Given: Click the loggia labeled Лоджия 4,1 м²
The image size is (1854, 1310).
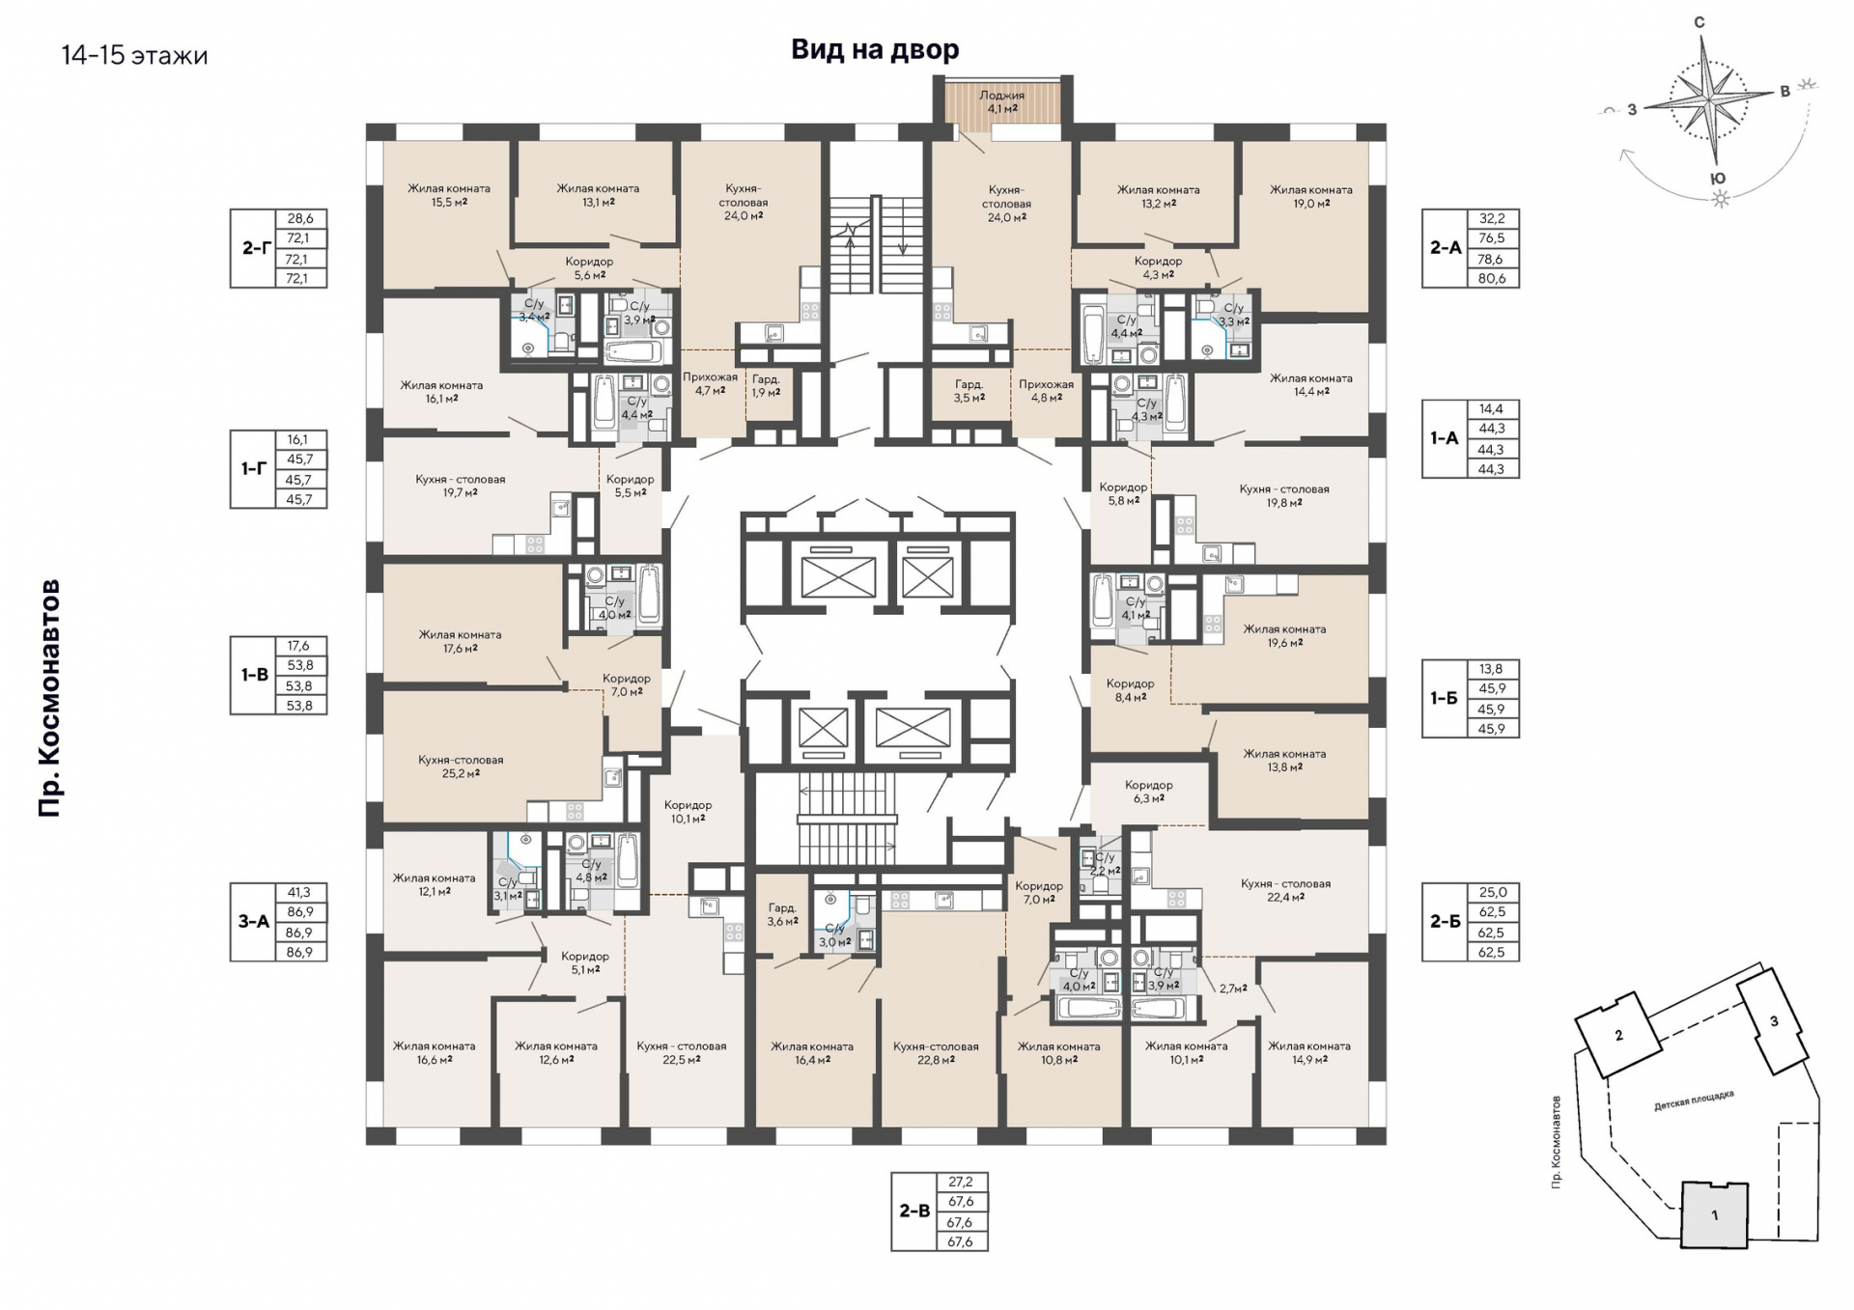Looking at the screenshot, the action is pos(1001,102).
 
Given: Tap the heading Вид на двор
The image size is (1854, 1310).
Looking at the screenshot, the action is pos(875,49).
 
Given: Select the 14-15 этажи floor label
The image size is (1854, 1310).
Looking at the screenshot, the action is pos(134,55).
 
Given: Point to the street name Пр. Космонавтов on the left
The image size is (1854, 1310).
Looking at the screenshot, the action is pos(49,698).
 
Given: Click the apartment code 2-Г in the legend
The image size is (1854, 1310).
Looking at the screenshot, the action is pos(255,248).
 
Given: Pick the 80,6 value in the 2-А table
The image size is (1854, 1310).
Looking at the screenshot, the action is pos(1492,278).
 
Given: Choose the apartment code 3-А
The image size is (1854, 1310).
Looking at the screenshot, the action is pos(254,921).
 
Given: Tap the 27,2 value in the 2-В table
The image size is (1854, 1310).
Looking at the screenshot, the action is pos(961,1181).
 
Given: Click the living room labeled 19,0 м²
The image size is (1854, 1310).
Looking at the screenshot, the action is pos(1310,196).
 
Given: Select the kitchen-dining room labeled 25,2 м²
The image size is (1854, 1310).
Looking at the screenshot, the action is pos(461,766).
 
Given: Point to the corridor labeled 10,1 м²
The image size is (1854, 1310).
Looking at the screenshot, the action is pos(688,811).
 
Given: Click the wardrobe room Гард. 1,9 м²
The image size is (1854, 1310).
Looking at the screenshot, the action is pos(766,385).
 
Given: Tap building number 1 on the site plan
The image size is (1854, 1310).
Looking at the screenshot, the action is pos(1715,1215).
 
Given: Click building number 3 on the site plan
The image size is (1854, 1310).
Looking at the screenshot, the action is pos(1774,1021).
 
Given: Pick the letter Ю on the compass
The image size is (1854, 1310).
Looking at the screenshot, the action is pos(1718,179).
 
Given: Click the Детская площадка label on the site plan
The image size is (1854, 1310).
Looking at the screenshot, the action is pos(1694,1101).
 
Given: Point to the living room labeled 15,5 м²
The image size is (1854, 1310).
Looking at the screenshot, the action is pos(449,195).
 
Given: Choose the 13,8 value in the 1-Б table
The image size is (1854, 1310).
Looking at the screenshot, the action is pos(1492,668).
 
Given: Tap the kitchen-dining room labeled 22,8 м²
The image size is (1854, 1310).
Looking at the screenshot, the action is pos(936,1052).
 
